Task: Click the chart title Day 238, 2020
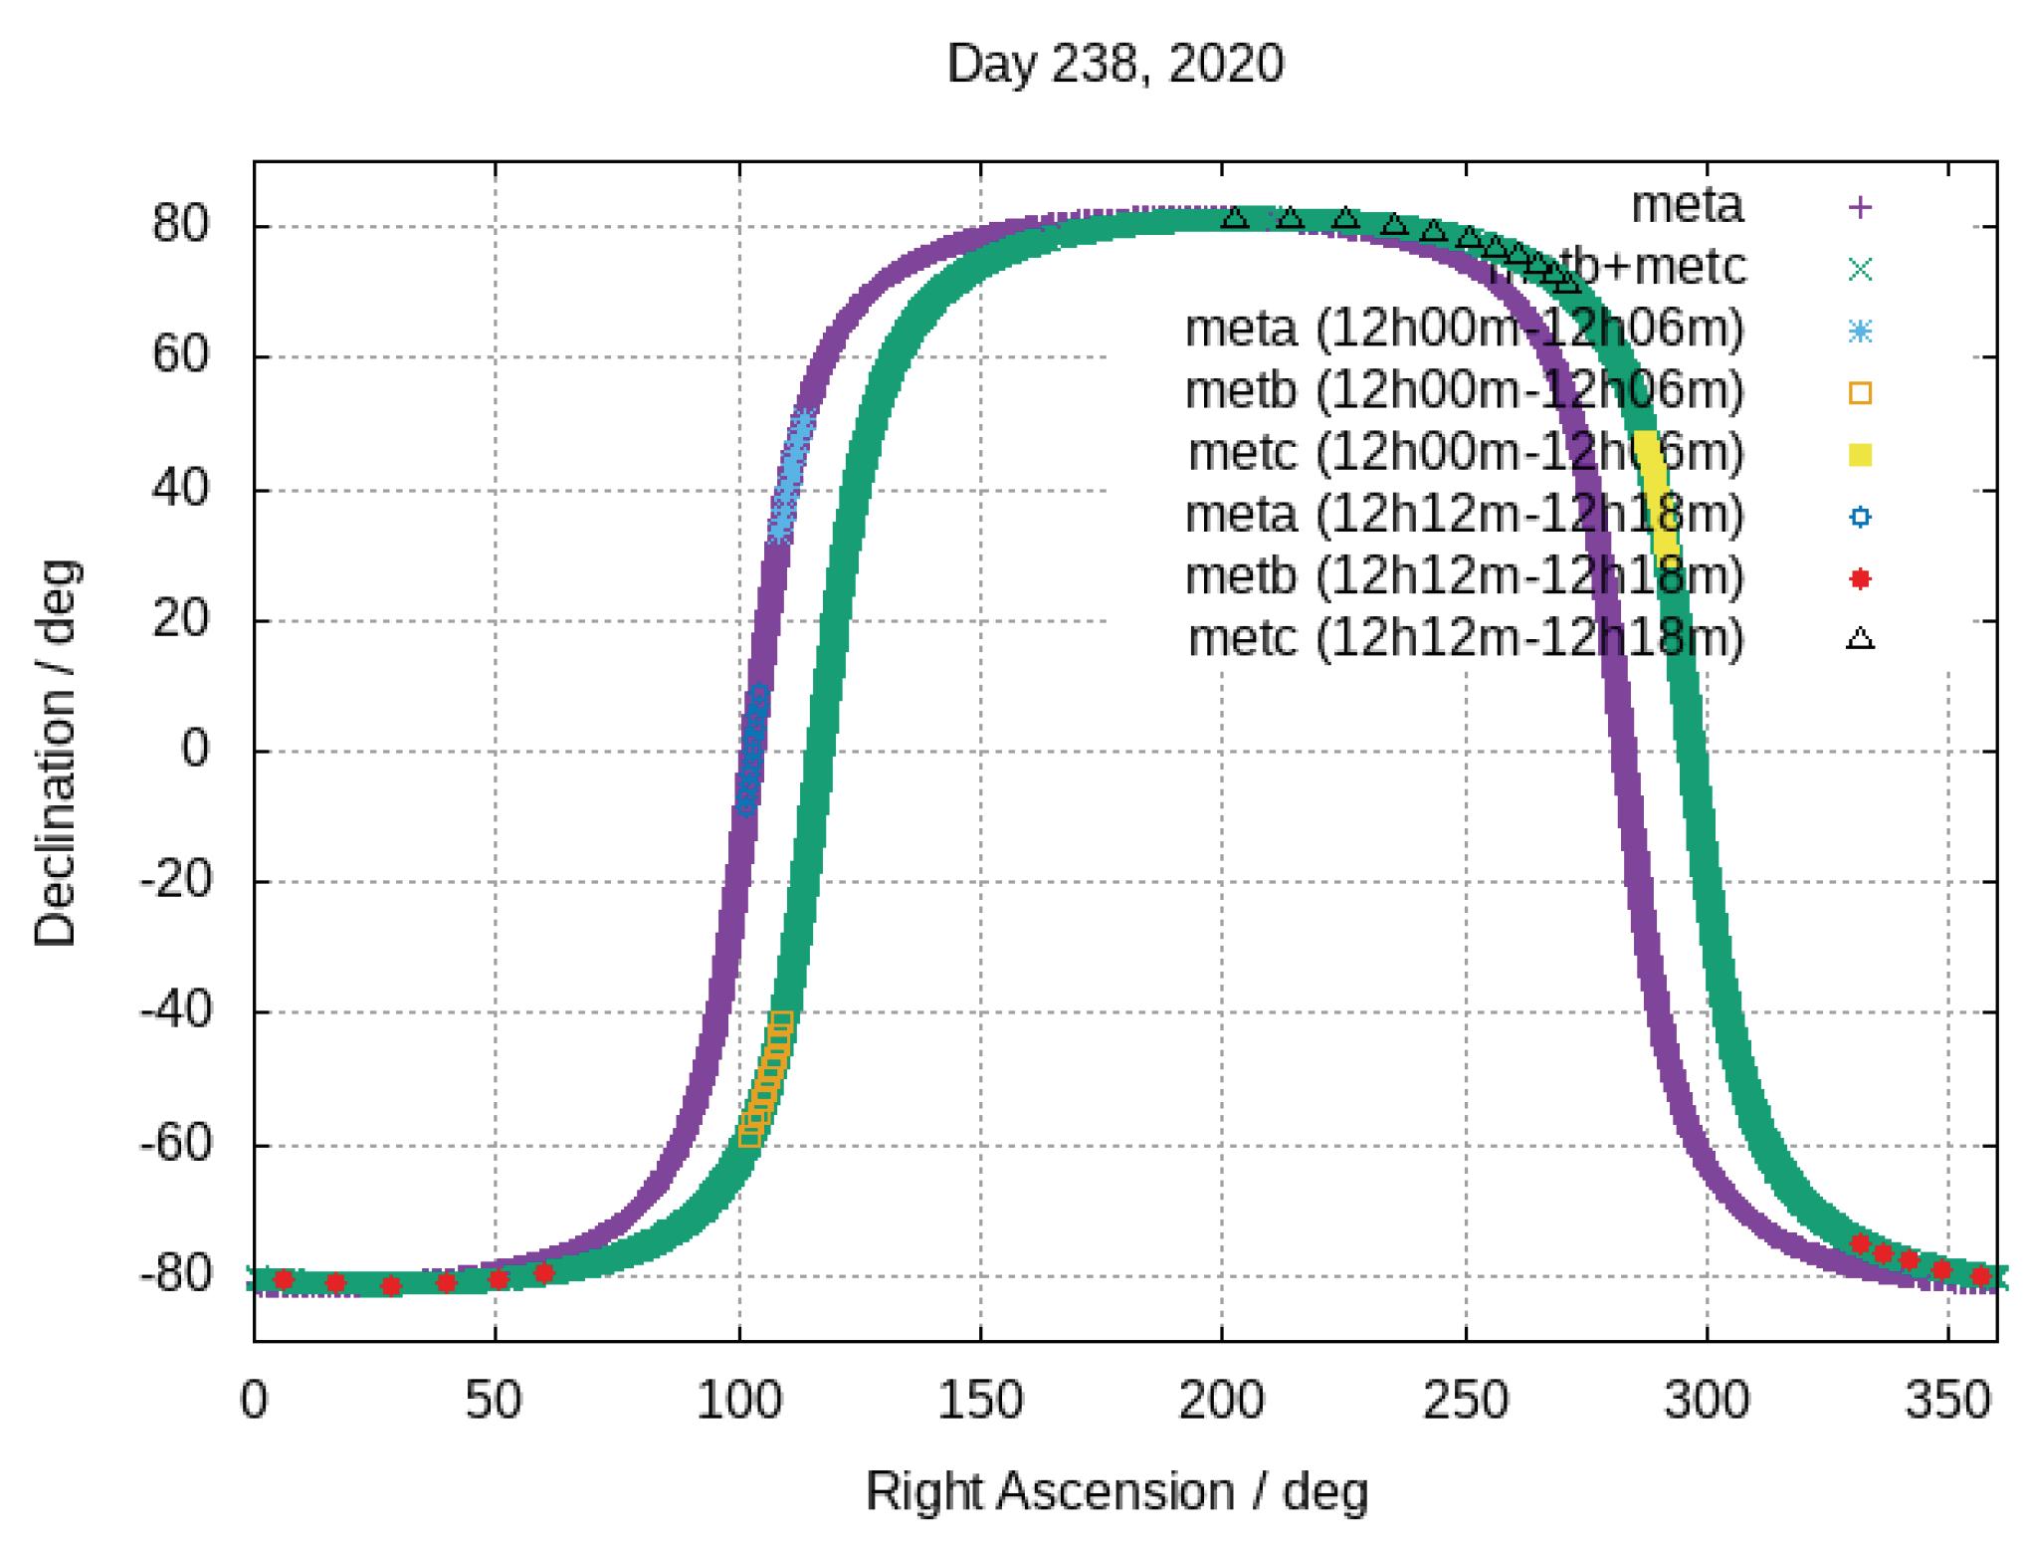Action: pos(1114,64)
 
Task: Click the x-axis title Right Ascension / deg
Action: pos(1116,1491)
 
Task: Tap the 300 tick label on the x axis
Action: pos(1706,1401)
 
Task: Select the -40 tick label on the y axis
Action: pos(177,1011)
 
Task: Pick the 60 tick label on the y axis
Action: pos(181,354)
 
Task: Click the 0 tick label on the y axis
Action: pos(195,749)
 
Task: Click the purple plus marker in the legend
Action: pos(1859,207)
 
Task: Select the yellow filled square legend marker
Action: pos(1859,455)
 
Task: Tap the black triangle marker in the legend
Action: pos(1859,639)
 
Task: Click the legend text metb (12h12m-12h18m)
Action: pos(1464,576)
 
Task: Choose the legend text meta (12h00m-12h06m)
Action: pos(1464,329)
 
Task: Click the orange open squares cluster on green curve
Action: pos(765,1079)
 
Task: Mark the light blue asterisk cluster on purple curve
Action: pos(791,476)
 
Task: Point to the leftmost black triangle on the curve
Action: pos(1234,217)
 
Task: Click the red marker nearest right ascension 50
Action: pos(499,1278)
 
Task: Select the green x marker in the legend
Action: pos(1859,269)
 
